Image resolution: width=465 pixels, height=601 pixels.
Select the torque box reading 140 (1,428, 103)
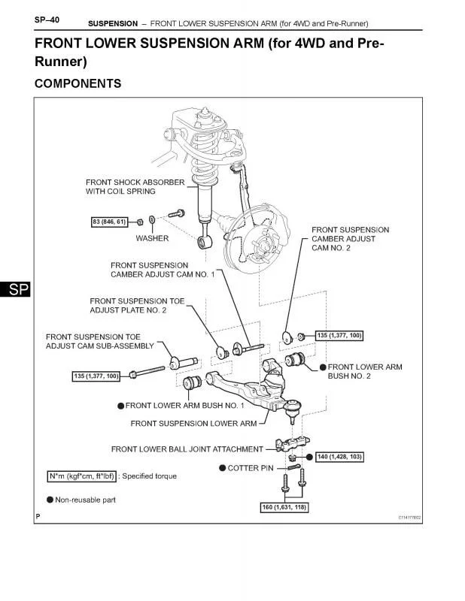[334, 457]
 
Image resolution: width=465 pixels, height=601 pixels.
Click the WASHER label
[152, 238]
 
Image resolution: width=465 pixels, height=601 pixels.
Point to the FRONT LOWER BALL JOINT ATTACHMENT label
[187, 449]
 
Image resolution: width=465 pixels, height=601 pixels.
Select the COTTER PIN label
[249, 468]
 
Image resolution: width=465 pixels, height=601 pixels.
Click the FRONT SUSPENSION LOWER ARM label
[193, 424]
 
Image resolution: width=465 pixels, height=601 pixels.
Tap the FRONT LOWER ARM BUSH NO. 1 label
[184, 406]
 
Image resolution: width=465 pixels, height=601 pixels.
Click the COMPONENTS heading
[77, 84]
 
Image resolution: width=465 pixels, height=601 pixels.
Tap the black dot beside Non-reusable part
[50, 500]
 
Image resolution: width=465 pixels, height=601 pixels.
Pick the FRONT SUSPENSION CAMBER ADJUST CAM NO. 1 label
[163, 270]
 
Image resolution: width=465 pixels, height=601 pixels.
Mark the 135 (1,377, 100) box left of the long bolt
[96, 376]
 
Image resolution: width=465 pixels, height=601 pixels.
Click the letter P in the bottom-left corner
[38, 517]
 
